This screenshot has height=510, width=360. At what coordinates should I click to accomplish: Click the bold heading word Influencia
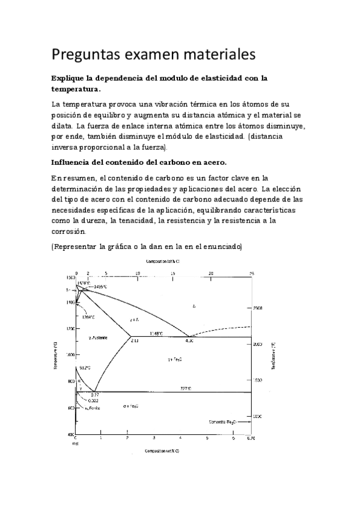75,162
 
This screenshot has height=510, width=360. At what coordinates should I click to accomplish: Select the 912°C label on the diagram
84,368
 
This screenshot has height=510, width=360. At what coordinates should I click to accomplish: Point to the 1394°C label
88,316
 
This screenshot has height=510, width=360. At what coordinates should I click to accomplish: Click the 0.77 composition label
95,395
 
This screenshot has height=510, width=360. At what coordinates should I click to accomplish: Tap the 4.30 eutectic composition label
189,340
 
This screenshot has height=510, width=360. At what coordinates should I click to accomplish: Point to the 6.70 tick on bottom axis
251,438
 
